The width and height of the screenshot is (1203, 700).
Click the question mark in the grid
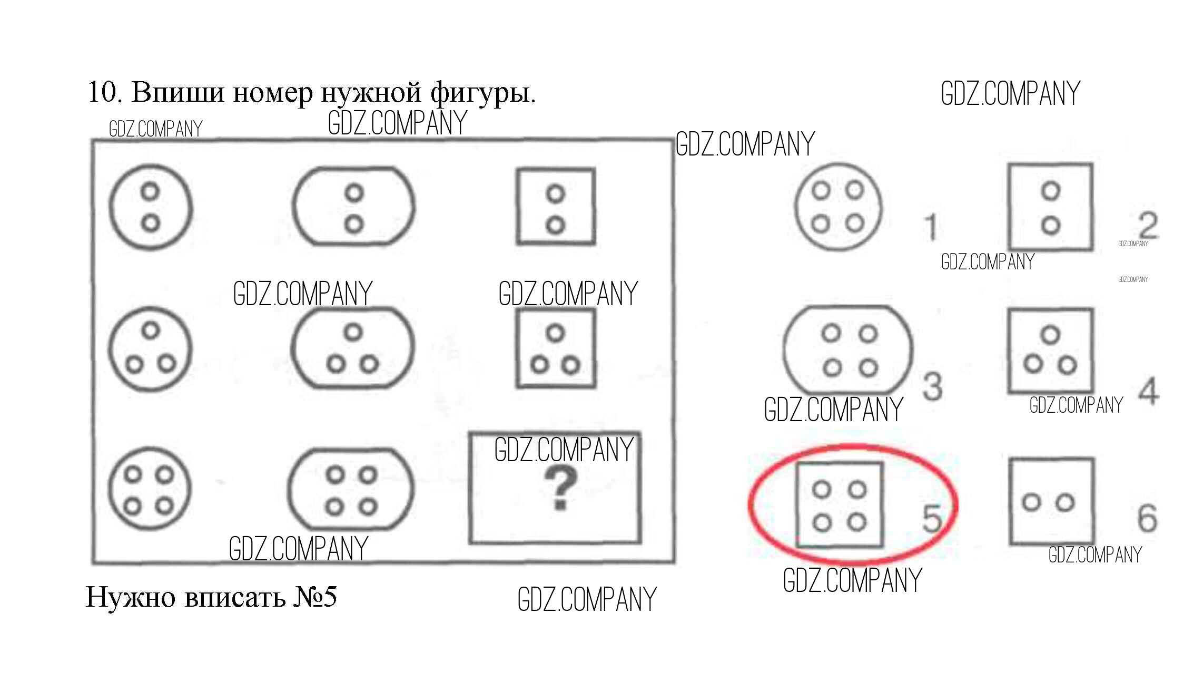[560, 489]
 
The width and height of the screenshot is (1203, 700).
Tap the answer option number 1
[931, 227]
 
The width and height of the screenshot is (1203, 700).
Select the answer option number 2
[1148, 226]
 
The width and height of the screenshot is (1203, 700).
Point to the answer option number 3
[932, 386]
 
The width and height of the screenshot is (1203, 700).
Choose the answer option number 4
[1149, 391]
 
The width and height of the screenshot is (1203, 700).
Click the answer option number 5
[931, 518]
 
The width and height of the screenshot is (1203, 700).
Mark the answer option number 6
[1147, 518]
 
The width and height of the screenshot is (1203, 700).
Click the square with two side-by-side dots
[1051, 501]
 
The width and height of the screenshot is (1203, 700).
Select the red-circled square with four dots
[840, 505]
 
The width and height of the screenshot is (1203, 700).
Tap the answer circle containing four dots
[837, 206]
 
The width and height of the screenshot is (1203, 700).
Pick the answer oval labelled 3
[848, 349]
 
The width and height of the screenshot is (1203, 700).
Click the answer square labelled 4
[1050, 351]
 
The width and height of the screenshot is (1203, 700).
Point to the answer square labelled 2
[1050, 207]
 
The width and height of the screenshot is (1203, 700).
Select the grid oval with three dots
[353, 348]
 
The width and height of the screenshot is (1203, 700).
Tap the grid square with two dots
[556, 207]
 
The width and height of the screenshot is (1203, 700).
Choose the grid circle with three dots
[150, 348]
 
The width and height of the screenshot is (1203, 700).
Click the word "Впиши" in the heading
[178, 93]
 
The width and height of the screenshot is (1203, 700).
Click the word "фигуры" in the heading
[482, 94]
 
